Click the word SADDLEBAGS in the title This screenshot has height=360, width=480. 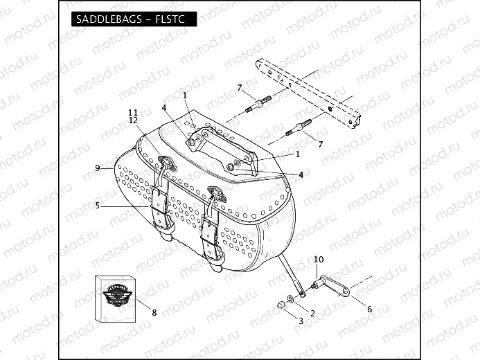tap(105, 19)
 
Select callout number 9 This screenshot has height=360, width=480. tap(98, 168)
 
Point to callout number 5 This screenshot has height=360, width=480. tap(98, 205)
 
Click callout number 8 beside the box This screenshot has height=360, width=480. tap(154, 312)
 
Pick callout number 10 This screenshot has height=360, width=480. tap(319, 260)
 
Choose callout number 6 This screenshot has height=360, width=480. tap(368, 309)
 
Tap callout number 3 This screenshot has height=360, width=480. tap(301, 321)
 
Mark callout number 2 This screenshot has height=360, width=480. tap(312, 314)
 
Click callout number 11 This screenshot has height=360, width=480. tap(133, 112)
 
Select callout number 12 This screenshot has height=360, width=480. tap(133, 120)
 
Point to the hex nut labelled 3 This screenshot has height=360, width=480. tap(283, 304)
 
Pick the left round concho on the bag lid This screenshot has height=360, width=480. tap(167, 163)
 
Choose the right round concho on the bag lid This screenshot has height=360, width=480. tap(215, 193)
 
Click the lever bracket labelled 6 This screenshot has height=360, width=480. tap(337, 285)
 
